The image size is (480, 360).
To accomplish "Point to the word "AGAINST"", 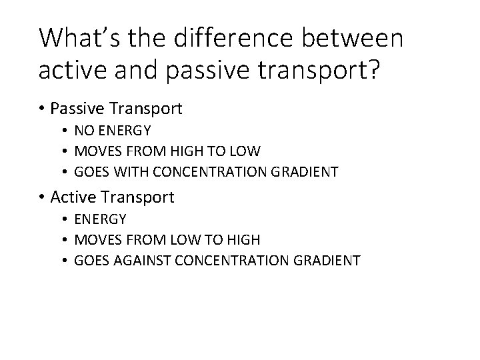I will [x=145, y=261].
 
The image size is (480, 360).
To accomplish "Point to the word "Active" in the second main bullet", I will [x=71, y=197].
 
